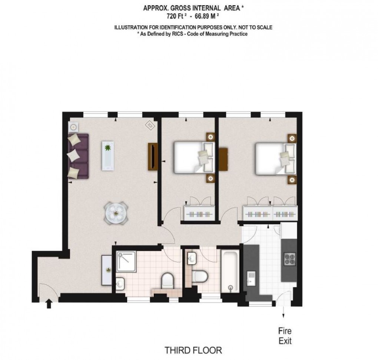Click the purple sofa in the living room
78,156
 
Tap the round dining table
116,213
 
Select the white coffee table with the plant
108,156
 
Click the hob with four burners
290,259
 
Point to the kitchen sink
251,278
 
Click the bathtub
230,271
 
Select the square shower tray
126,261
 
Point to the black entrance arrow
49,304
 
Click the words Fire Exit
285,336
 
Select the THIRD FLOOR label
193,350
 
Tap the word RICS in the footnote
178,34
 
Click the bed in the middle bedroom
194,158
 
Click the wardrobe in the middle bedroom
199,213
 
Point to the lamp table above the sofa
73,126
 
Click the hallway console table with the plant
107,270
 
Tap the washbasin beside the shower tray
120,284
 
